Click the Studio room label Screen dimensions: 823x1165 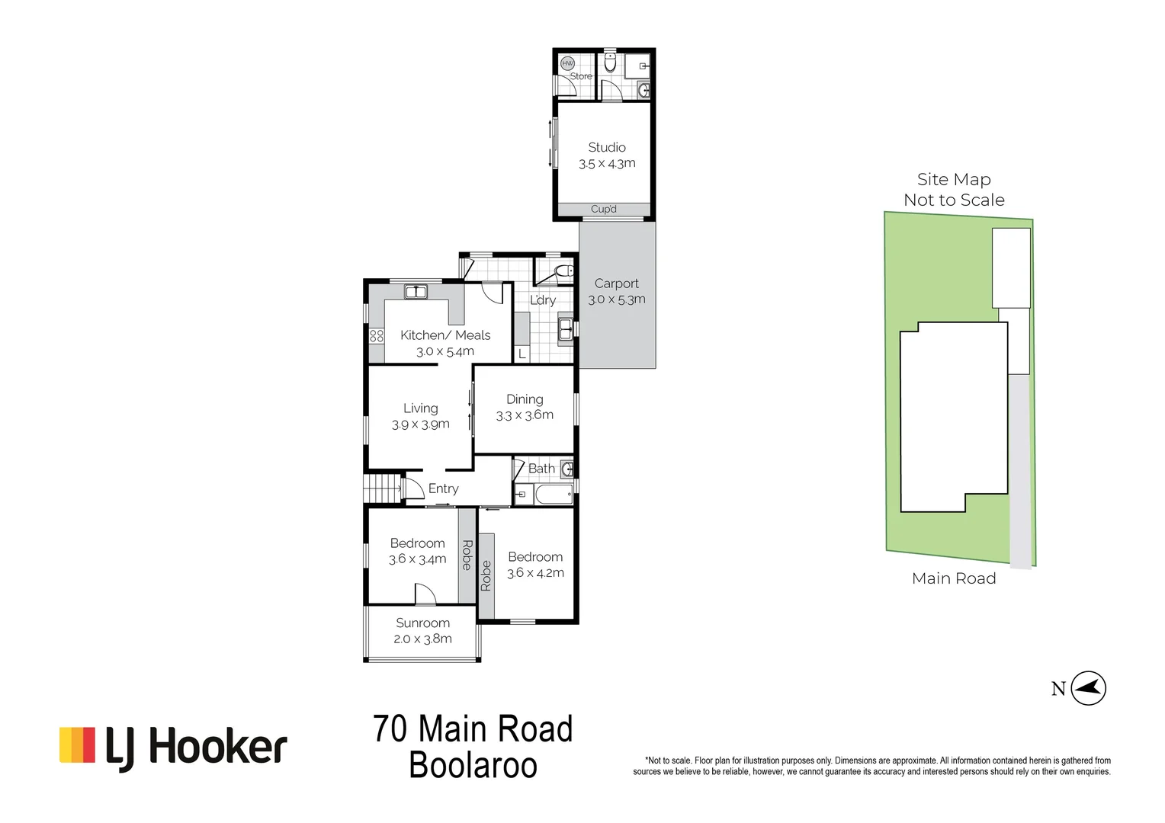(606, 147)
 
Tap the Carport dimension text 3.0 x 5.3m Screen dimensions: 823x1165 (616, 299)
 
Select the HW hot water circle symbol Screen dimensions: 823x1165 (567, 64)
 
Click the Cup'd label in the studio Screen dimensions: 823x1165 (603, 209)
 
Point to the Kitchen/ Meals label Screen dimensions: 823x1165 (445, 335)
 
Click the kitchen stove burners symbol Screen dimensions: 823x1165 (376, 335)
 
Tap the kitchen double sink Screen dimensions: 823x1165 (416, 292)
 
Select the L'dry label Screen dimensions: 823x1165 (543, 300)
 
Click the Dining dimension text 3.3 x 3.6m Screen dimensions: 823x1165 (525, 415)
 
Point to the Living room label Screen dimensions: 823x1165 (420, 408)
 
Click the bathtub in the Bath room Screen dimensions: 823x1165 (554, 495)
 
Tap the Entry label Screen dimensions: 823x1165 (443, 488)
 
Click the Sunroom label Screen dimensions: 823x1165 (422, 623)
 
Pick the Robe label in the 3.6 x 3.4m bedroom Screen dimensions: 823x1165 (467, 555)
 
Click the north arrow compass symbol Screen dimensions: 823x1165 (1088, 688)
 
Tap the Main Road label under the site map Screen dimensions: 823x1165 (953, 578)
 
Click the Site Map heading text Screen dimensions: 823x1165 (953, 180)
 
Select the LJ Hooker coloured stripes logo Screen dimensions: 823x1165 (77, 745)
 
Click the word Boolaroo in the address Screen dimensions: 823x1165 (473, 766)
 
